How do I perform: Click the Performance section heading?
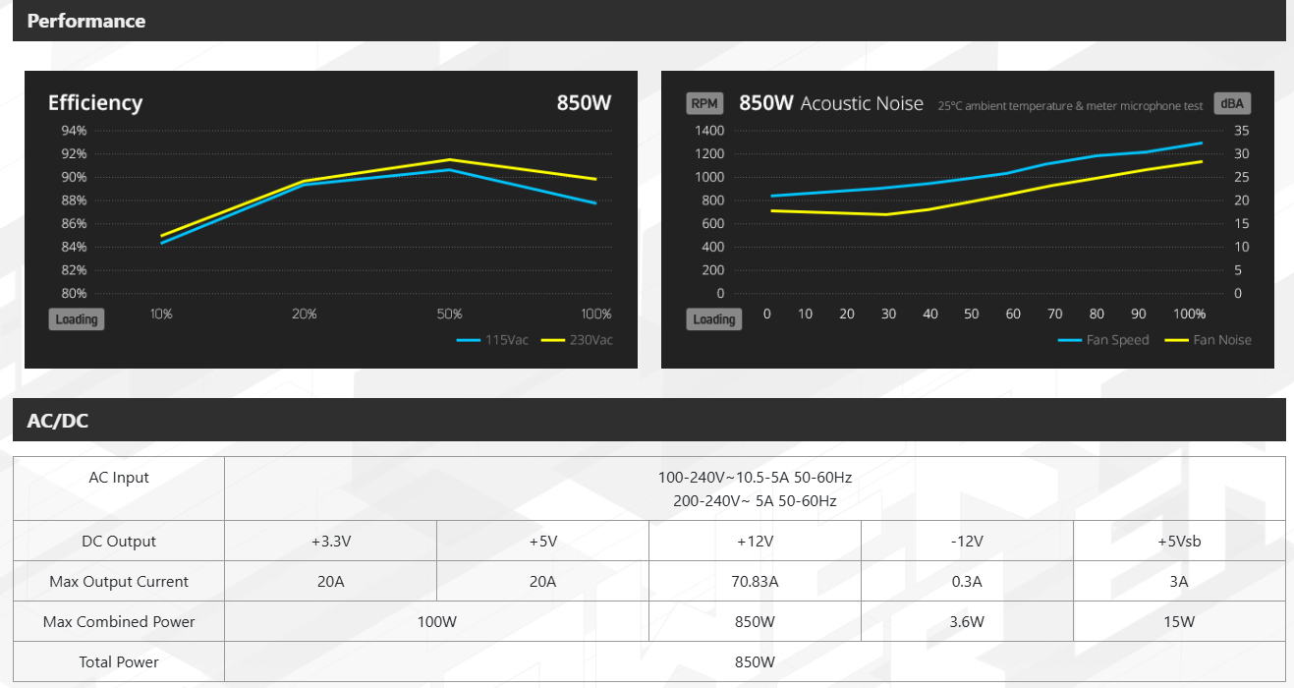tap(86, 21)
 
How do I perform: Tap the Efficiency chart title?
tap(95, 103)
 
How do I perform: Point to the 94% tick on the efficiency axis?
tap(74, 131)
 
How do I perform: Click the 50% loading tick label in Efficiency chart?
tap(449, 315)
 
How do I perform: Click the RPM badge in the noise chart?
tap(703, 103)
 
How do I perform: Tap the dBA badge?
tap(1232, 103)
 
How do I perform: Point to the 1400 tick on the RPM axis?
tap(708, 131)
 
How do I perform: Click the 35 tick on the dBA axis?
tap(1241, 131)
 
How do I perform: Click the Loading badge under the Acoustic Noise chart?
tap(713, 319)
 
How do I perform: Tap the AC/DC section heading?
tap(59, 421)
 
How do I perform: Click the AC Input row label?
tap(119, 478)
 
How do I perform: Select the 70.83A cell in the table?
tap(755, 582)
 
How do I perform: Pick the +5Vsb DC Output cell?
tap(1179, 542)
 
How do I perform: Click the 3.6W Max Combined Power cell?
tap(967, 622)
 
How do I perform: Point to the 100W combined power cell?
tap(437, 622)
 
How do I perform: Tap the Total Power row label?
tap(119, 662)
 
